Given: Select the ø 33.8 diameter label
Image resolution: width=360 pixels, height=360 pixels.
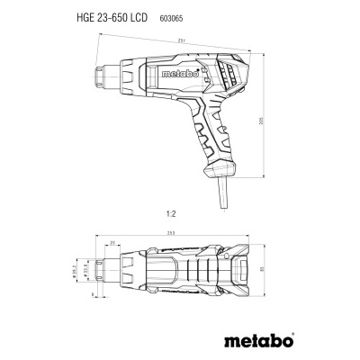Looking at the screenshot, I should [x=87, y=270].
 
